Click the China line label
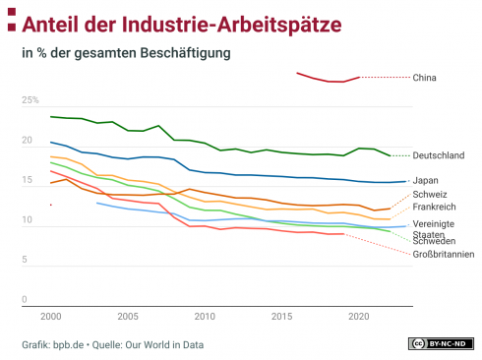click(x=424, y=78)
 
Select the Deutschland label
click(x=439, y=155)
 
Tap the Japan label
click(x=425, y=181)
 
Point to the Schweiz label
click(x=430, y=195)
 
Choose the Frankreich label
click(x=434, y=207)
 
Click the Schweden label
click(x=434, y=241)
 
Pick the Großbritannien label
click(x=444, y=254)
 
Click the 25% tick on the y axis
click(x=30, y=100)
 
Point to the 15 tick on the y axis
click(x=27, y=180)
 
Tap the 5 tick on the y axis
click(x=25, y=260)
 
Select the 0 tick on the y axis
click(x=25, y=299)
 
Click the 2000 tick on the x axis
click(x=51, y=317)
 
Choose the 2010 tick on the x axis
click(x=205, y=317)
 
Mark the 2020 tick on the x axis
click(x=359, y=317)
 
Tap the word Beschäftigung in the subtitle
click(x=185, y=53)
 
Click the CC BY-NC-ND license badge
click(x=441, y=343)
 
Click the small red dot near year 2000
click(x=51, y=205)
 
